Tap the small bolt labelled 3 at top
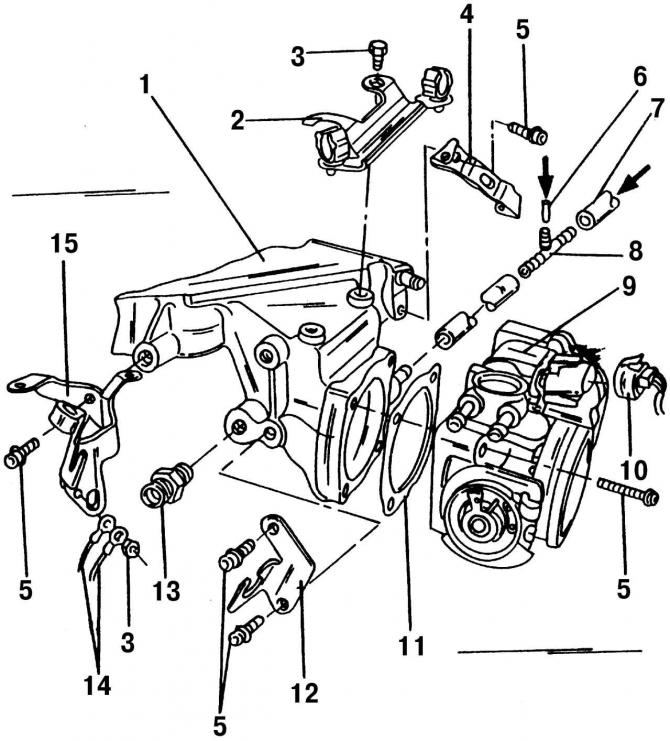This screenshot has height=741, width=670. point(378,52)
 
